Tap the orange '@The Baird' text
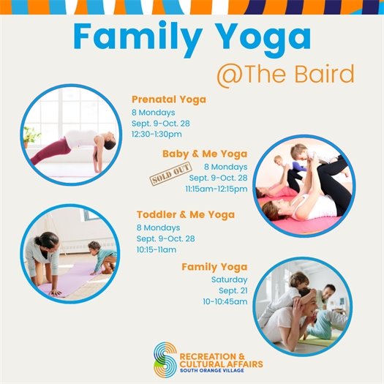[x=285, y=75]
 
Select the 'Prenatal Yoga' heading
[x=168, y=99]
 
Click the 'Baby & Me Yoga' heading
[x=205, y=154]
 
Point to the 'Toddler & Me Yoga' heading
[x=186, y=215]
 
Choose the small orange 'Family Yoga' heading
[x=214, y=267]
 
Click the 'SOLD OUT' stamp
[x=166, y=177]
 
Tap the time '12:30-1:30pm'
[x=157, y=135]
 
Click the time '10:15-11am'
[x=156, y=249]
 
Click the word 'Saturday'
[x=229, y=279]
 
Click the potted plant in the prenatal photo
[x=31, y=135]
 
